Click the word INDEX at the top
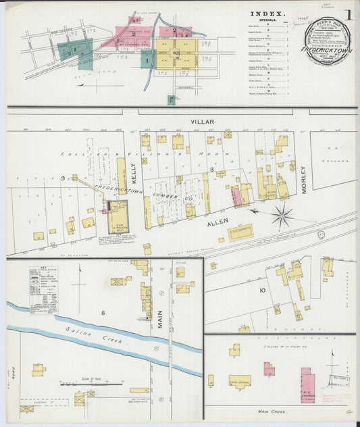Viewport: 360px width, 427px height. coord(267,14)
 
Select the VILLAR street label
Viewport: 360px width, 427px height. coord(202,122)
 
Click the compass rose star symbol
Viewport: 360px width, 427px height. coord(282,216)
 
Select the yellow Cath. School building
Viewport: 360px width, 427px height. coord(239,381)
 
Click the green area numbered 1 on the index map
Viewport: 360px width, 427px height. coord(147,60)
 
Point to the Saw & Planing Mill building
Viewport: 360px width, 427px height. coord(118,214)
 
